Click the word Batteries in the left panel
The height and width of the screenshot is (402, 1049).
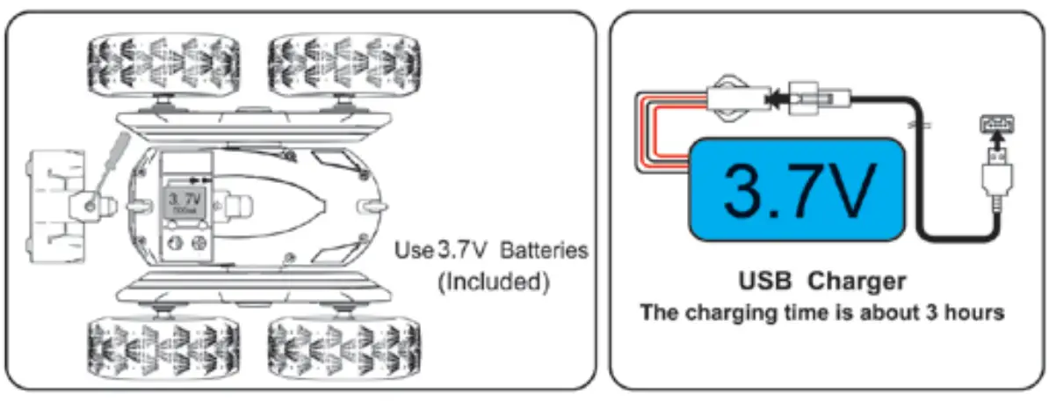point(543,251)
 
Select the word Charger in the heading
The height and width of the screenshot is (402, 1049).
point(857,281)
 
